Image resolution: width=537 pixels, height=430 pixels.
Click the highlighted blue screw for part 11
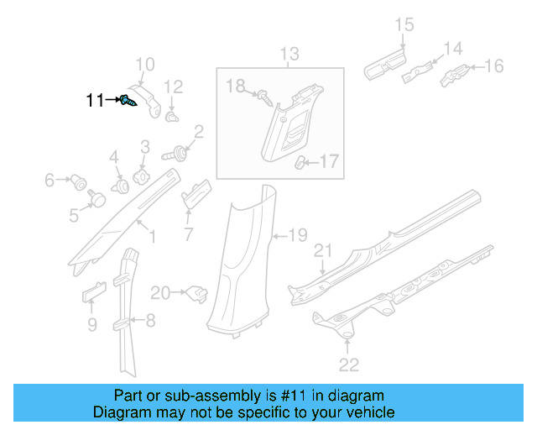[127, 101]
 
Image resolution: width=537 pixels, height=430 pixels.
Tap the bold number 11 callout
[96, 101]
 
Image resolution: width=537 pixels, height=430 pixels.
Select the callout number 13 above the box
[289, 55]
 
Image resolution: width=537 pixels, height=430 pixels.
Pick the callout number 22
[348, 364]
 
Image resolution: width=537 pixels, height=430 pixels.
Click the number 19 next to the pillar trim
[299, 235]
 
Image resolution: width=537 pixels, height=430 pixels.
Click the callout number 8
[150, 320]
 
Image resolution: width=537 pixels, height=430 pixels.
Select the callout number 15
[404, 25]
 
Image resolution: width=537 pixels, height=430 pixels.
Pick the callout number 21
[323, 251]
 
